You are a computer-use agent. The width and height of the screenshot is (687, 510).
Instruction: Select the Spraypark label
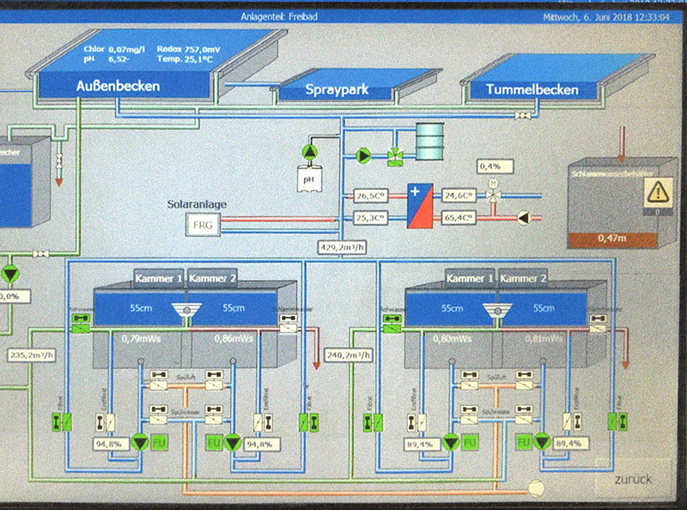click(337, 90)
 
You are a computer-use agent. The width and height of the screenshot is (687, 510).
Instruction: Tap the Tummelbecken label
click(532, 89)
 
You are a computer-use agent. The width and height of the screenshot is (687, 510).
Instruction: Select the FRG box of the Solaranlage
click(204, 225)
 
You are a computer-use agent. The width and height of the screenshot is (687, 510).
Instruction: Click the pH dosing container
click(308, 179)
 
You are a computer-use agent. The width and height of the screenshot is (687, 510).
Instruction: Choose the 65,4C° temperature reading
click(459, 218)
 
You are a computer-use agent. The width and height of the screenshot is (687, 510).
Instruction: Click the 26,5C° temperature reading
click(373, 197)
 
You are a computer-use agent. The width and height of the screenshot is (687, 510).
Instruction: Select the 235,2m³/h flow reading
click(32, 355)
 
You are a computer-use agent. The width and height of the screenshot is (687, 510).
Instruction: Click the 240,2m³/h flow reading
click(349, 354)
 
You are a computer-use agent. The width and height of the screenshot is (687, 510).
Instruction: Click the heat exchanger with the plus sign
click(421, 206)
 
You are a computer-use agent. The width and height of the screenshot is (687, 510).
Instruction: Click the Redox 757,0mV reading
click(190, 49)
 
